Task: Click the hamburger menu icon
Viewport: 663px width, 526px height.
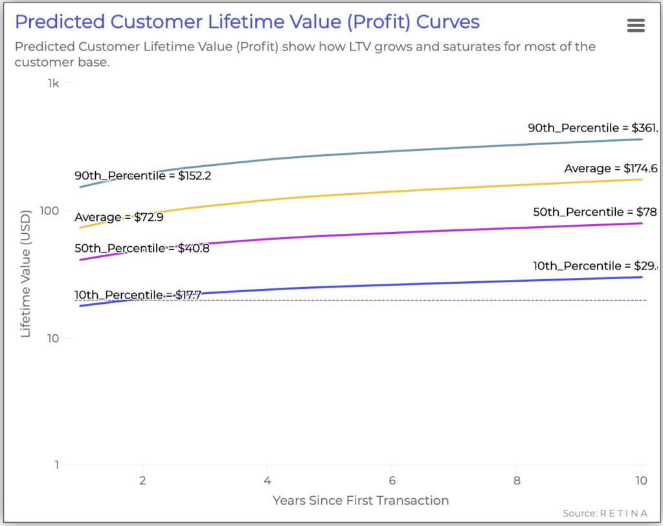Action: coord(636,25)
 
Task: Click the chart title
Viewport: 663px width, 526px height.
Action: coord(247,22)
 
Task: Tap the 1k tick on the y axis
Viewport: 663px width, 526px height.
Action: coord(54,84)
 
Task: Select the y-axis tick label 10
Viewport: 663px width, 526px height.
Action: coord(53,338)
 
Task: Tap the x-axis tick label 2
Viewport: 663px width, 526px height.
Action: coord(142,482)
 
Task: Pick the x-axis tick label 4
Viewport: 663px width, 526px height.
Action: coord(267,482)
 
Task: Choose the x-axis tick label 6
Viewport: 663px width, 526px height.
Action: coord(392,482)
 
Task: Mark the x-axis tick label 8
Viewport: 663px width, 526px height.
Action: coord(516,482)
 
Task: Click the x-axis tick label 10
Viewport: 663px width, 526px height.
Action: coord(640,482)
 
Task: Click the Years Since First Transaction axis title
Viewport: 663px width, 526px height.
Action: coord(361,500)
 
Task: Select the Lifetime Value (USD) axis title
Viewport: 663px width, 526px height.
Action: coord(27,273)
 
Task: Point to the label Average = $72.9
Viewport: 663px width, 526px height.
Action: coord(118,217)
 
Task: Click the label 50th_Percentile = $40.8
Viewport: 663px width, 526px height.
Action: coord(142,248)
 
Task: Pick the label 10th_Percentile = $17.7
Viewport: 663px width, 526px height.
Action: coord(138,295)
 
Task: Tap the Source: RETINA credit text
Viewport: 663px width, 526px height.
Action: coord(605,514)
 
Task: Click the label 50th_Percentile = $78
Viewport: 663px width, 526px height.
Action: coord(595,212)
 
